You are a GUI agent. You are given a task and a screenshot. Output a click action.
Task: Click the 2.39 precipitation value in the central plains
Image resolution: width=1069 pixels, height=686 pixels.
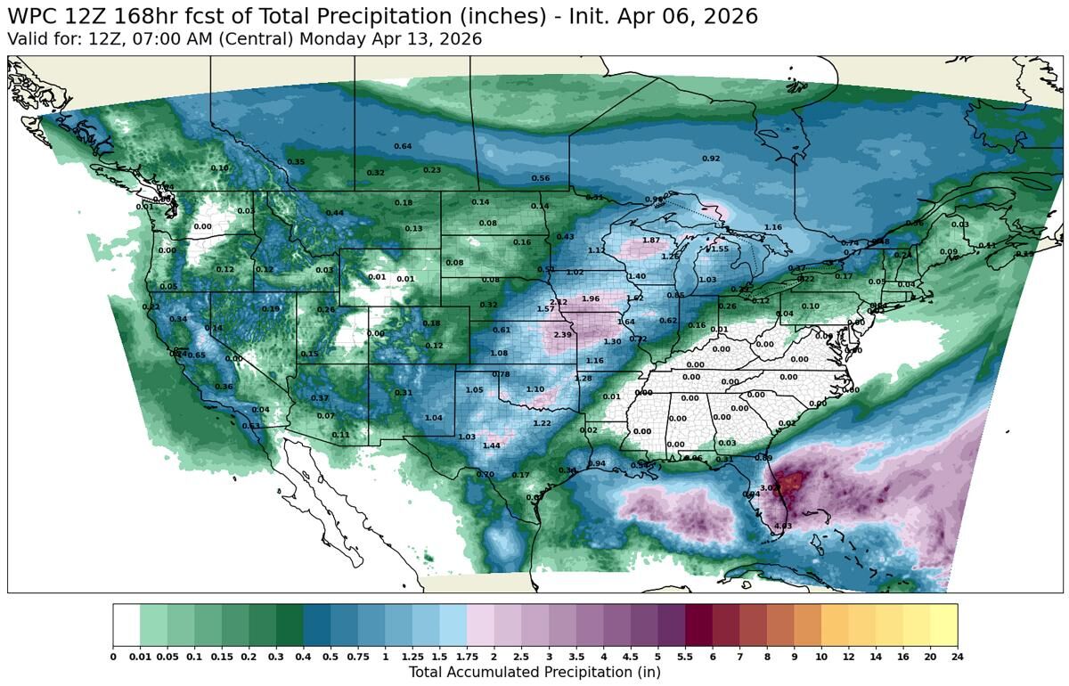point(562,335)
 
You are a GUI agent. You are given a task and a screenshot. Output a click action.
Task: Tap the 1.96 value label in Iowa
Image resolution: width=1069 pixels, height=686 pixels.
point(590,298)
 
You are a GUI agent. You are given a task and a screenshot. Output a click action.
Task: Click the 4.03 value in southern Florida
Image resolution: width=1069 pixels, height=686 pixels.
point(783,527)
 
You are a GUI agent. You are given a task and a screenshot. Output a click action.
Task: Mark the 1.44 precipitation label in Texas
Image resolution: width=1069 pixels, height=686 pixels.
point(491,445)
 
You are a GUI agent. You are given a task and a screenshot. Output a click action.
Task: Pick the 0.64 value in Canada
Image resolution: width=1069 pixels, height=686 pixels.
point(403,146)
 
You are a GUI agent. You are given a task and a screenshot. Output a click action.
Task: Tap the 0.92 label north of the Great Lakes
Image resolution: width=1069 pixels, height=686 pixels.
point(711,159)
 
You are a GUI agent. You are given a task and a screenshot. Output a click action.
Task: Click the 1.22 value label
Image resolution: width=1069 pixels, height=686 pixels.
point(542,423)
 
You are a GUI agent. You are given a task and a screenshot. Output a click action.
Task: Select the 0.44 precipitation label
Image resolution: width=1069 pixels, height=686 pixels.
point(335,213)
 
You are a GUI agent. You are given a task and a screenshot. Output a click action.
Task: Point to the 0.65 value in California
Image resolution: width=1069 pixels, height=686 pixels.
point(196,355)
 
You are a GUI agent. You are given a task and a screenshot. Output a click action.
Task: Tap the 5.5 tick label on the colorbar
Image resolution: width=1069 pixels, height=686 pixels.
point(685,657)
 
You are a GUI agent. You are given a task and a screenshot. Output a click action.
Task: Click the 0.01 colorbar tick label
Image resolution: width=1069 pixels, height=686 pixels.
point(140,657)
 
